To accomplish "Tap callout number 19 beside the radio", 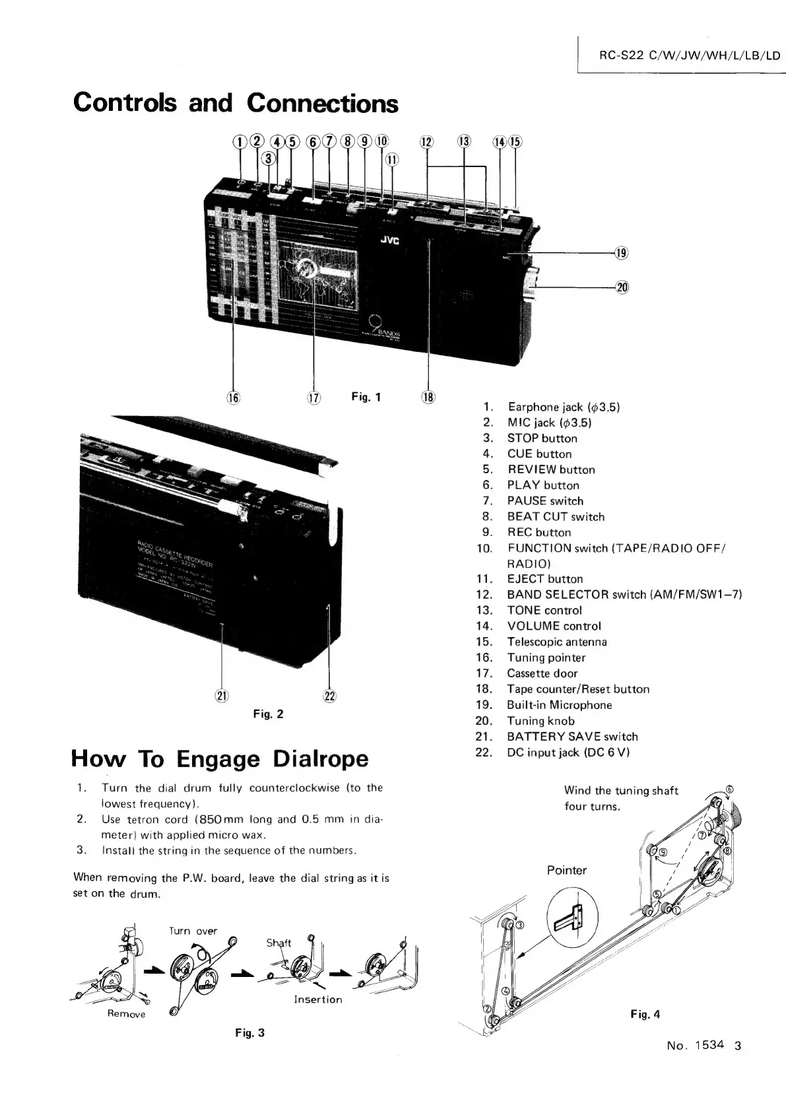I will pos(622,253).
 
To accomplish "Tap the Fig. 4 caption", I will pos(645,1015).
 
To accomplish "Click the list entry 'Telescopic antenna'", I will pos(556,642).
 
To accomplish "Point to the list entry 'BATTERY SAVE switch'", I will pos(572,736).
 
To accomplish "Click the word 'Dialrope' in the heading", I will pos(321,758).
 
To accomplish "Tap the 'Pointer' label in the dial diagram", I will pos(566,870).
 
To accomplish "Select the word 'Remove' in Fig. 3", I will pos(126,1013).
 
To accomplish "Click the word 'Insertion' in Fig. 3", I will pos(318,999).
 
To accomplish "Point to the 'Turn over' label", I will pos(193,931).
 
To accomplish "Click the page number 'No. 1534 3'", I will pos(704,1045).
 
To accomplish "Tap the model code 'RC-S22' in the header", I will pos(620,55).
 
